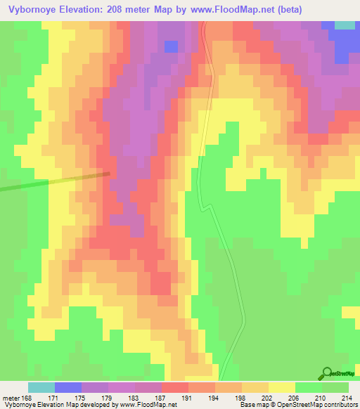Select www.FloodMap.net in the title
pos(247,10)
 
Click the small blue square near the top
pos(171,46)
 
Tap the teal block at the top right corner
pos(345,25)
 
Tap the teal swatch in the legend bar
pos(41,387)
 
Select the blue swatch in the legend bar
pos(68,387)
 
